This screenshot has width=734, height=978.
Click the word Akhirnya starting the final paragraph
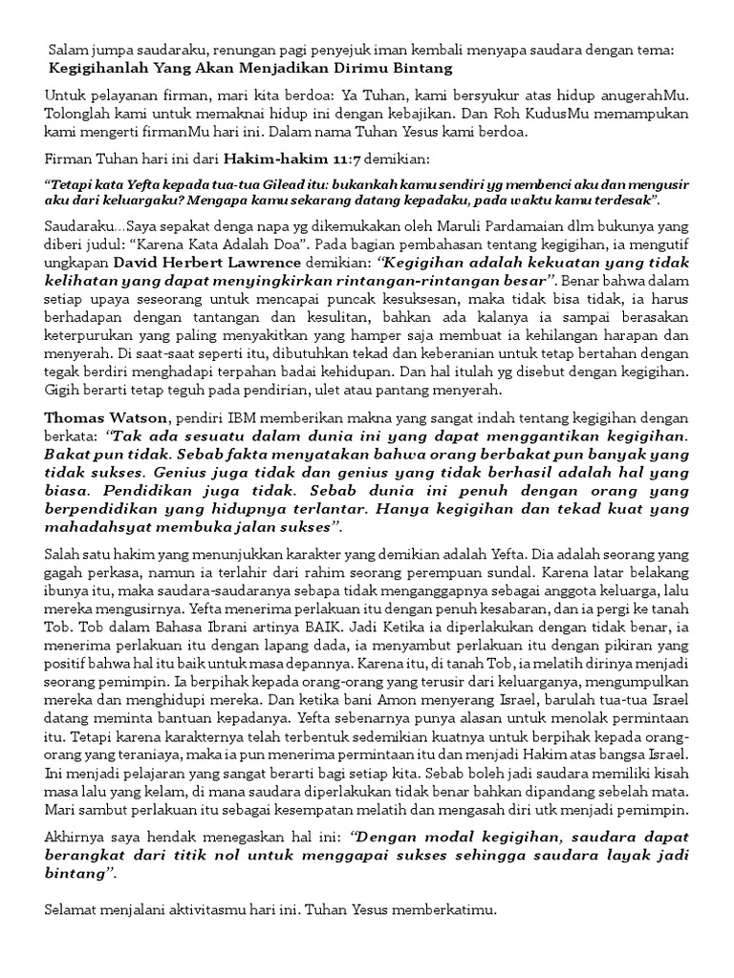click(76, 836)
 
